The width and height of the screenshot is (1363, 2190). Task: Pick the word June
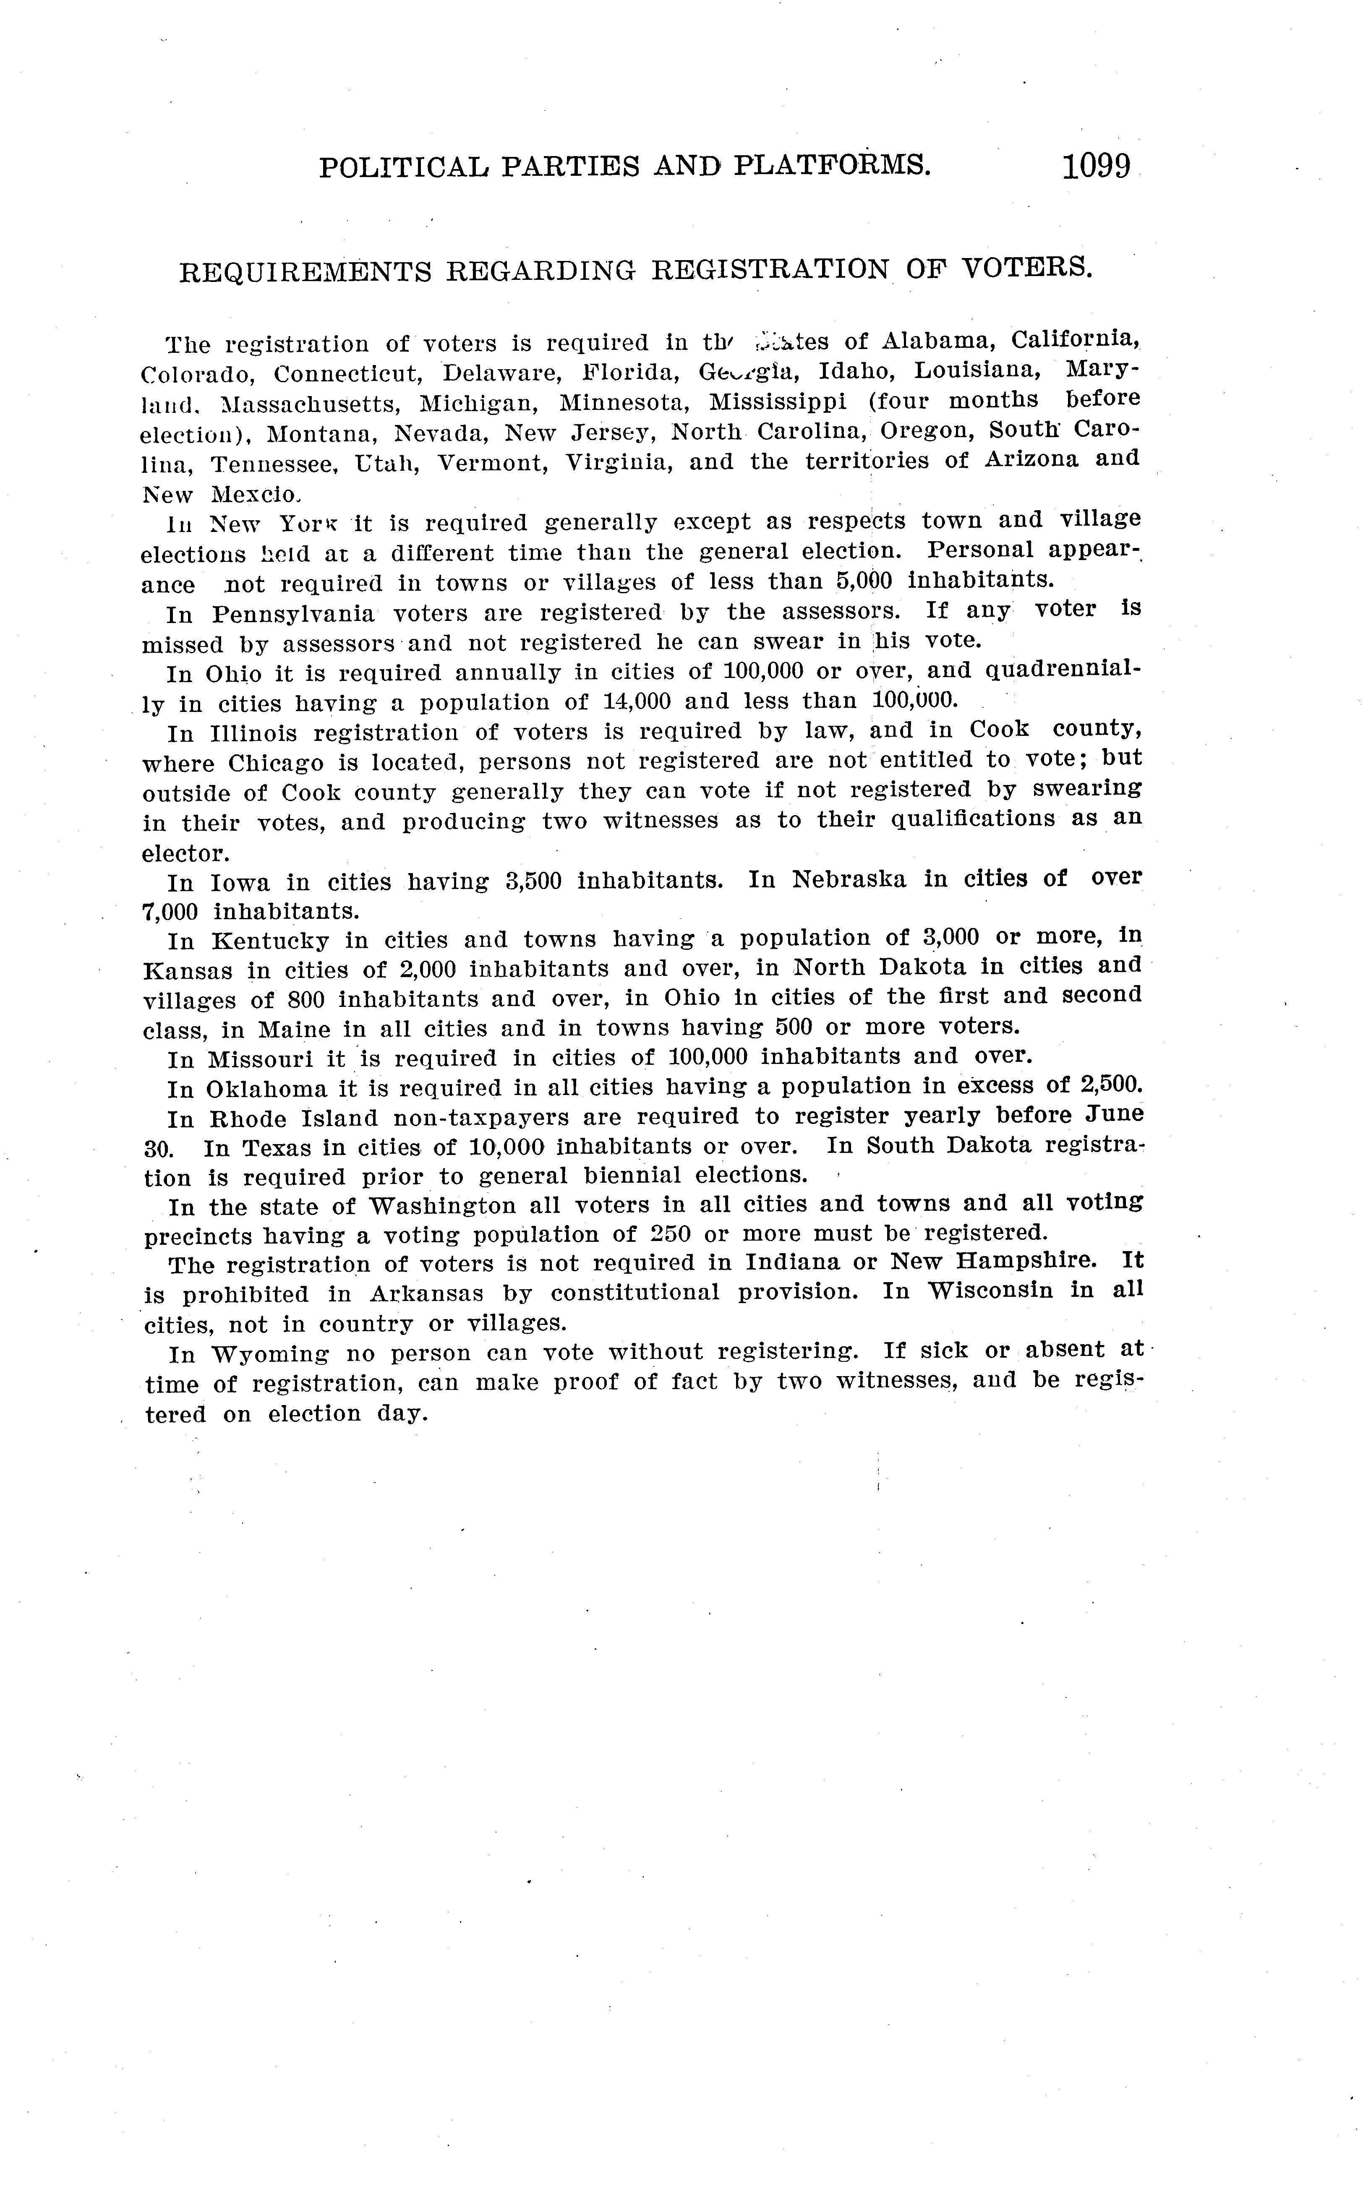1114,1114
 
